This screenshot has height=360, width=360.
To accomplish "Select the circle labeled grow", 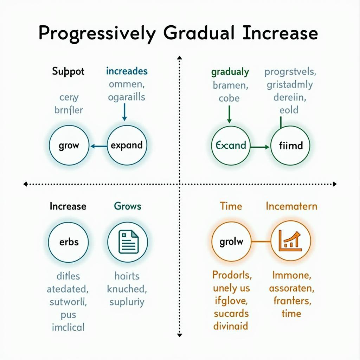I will (x=69, y=145).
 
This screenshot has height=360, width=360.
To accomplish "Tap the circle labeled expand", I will (x=127, y=145).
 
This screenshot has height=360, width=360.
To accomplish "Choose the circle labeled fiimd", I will (x=290, y=145).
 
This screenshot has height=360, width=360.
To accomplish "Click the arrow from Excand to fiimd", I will (x=260, y=147).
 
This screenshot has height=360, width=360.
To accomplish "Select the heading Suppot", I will (x=68, y=71).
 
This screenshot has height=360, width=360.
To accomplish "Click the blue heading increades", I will (x=127, y=71).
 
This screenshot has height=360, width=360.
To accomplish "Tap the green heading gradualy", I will (x=230, y=72).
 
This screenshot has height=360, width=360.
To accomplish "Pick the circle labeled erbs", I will (x=69, y=242).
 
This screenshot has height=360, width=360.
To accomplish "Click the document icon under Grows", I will (x=128, y=242).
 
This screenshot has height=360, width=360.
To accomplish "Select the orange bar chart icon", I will (x=290, y=241).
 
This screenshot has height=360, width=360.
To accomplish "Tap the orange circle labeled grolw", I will (x=231, y=242).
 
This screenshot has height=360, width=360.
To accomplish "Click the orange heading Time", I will (x=231, y=206).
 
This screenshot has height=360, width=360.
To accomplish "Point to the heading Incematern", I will (x=291, y=206).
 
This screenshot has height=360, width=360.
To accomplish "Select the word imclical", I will (x=68, y=327).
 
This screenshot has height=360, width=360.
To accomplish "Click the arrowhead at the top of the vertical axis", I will (x=180, y=57).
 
